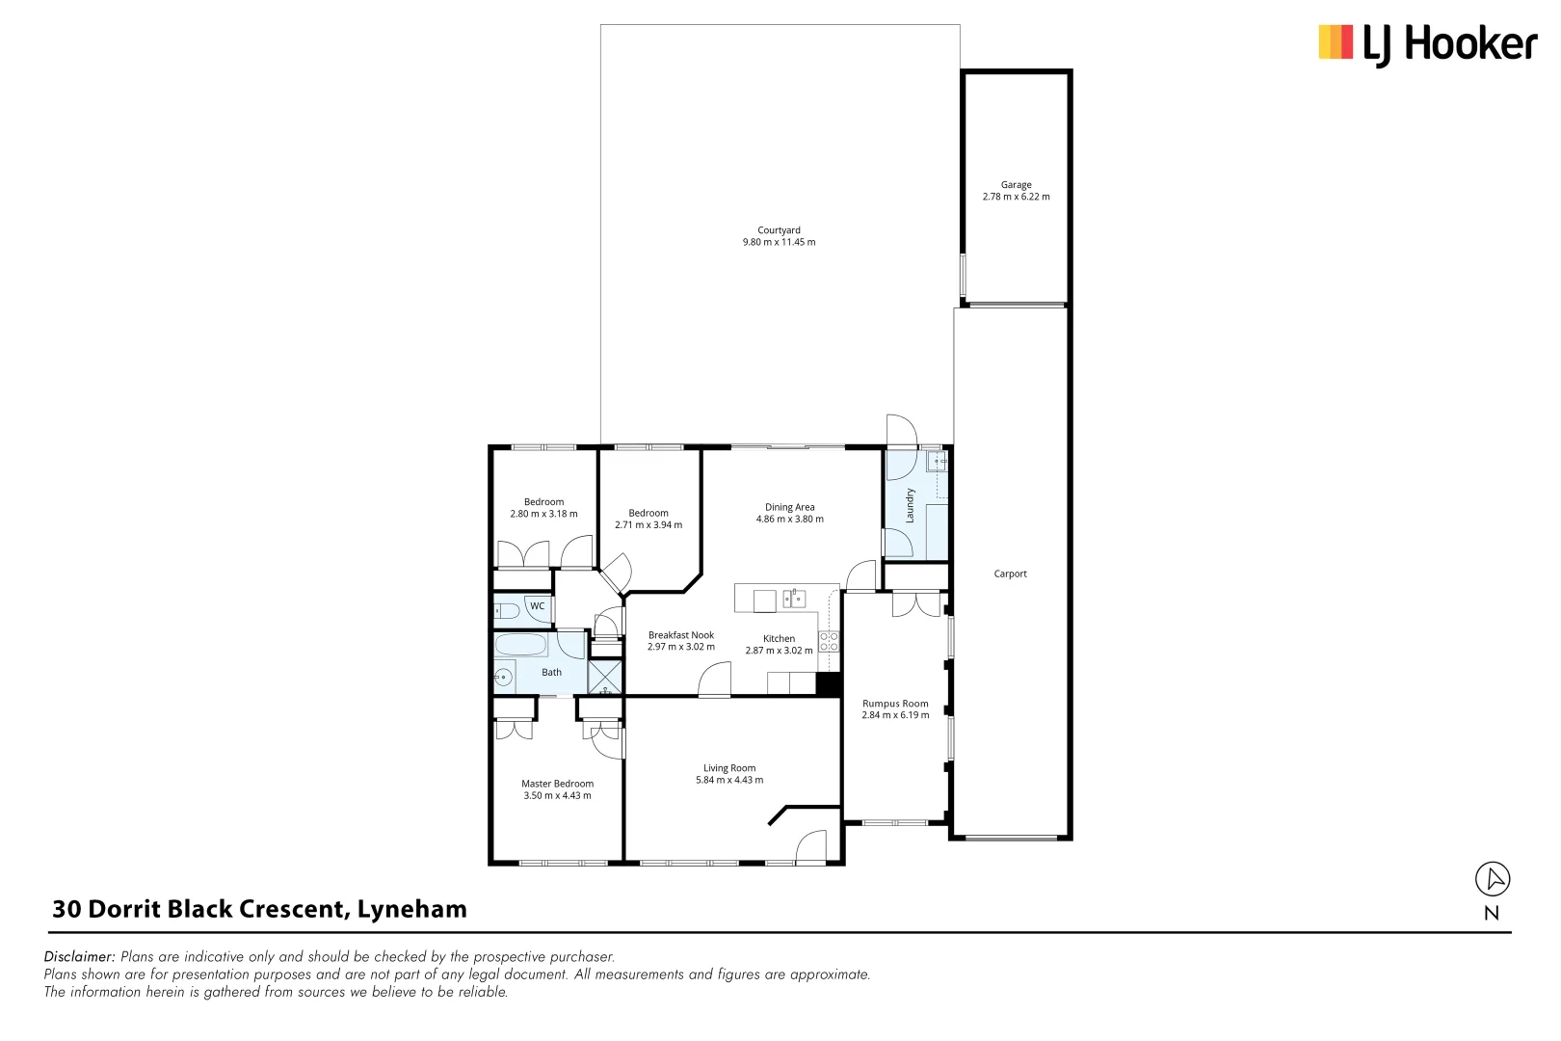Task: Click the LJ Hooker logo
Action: pyautogui.click(x=1427, y=44)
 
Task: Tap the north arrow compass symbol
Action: pyautogui.click(x=1493, y=879)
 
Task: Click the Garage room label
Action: pyautogui.click(x=1016, y=185)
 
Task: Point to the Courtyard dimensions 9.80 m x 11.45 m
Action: pyautogui.click(x=779, y=243)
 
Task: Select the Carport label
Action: pyautogui.click(x=1010, y=574)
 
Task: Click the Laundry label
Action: pyautogui.click(x=910, y=506)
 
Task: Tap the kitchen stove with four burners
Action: pyautogui.click(x=829, y=642)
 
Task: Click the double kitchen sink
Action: pyautogui.click(x=794, y=600)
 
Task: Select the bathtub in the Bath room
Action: pyautogui.click(x=520, y=645)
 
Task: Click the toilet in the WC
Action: pyautogui.click(x=507, y=610)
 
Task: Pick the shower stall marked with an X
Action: pyautogui.click(x=605, y=678)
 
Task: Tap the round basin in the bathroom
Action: pyautogui.click(x=503, y=678)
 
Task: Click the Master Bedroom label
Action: pyautogui.click(x=557, y=785)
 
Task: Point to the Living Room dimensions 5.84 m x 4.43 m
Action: pyautogui.click(x=729, y=781)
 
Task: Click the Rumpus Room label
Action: pyautogui.click(x=895, y=705)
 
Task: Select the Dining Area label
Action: pyautogui.click(x=789, y=508)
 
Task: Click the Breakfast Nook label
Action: pyautogui.click(x=681, y=636)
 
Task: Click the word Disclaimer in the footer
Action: pyautogui.click(x=79, y=957)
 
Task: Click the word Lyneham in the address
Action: pyautogui.click(x=411, y=910)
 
